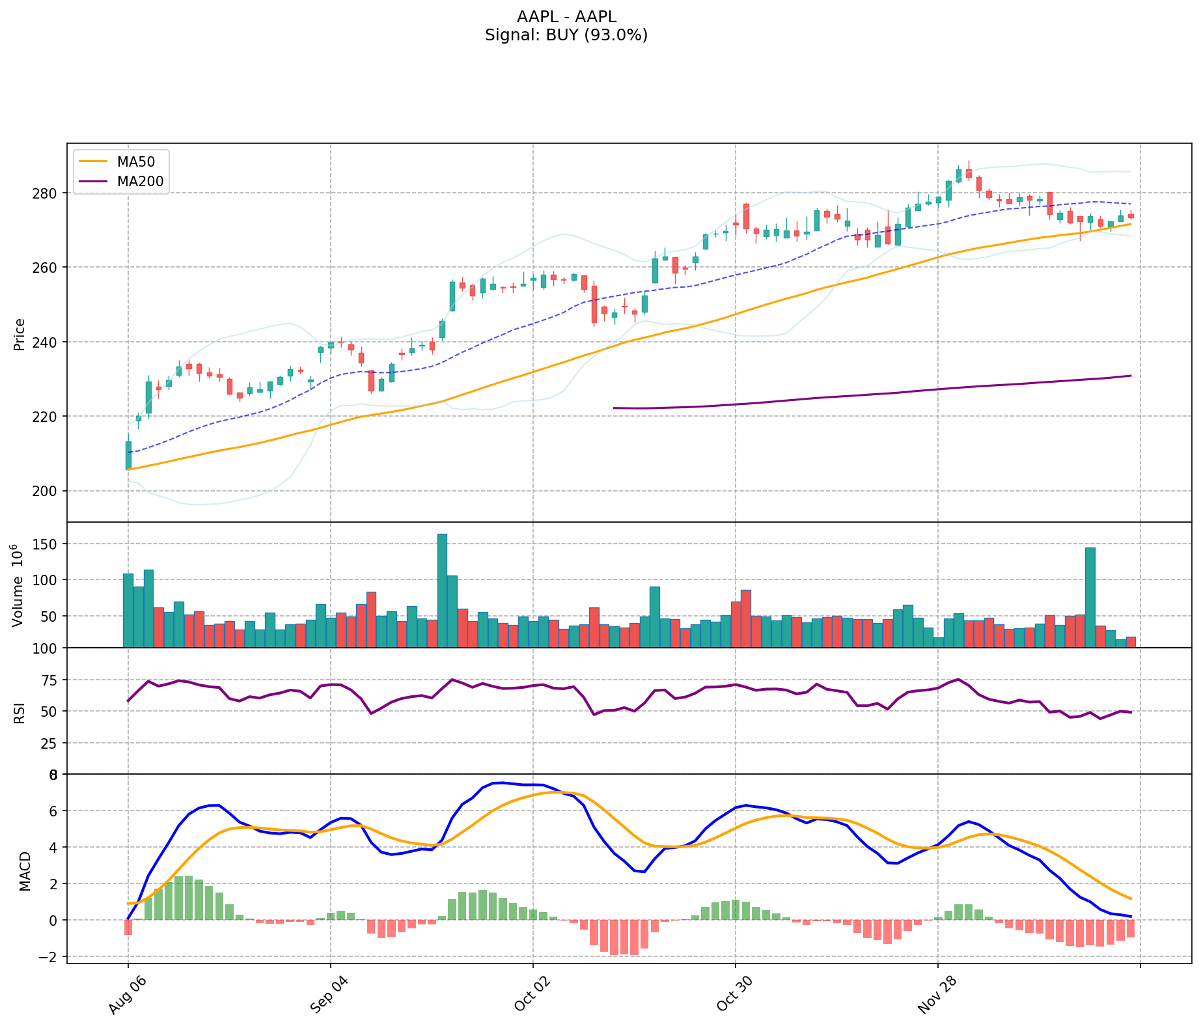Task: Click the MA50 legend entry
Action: tap(135, 161)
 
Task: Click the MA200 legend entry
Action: tap(140, 182)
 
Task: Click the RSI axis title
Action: tap(20, 712)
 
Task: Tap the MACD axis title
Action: tap(25, 871)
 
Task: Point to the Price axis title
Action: tap(20, 335)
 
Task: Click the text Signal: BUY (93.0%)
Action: tap(566, 35)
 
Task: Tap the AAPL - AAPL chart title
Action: tap(566, 17)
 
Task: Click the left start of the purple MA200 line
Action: tap(614, 408)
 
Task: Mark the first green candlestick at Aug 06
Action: tap(128, 455)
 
